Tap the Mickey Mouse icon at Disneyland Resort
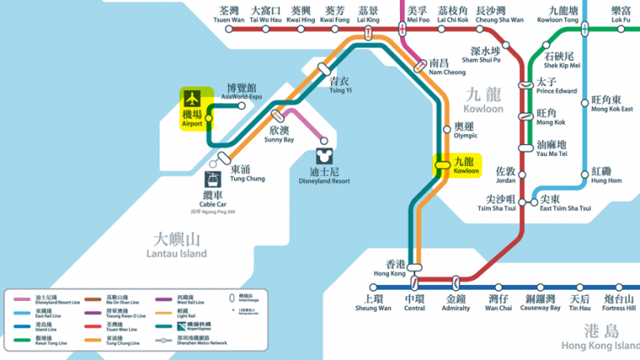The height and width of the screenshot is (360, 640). (324, 156)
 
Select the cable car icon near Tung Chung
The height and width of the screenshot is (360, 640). (213, 179)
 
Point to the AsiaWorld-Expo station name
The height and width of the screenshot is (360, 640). (244, 92)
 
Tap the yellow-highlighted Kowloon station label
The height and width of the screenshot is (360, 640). (463, 165)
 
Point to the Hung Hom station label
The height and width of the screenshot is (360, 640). (607, 175)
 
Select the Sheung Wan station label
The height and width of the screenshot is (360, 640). (372, 302)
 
